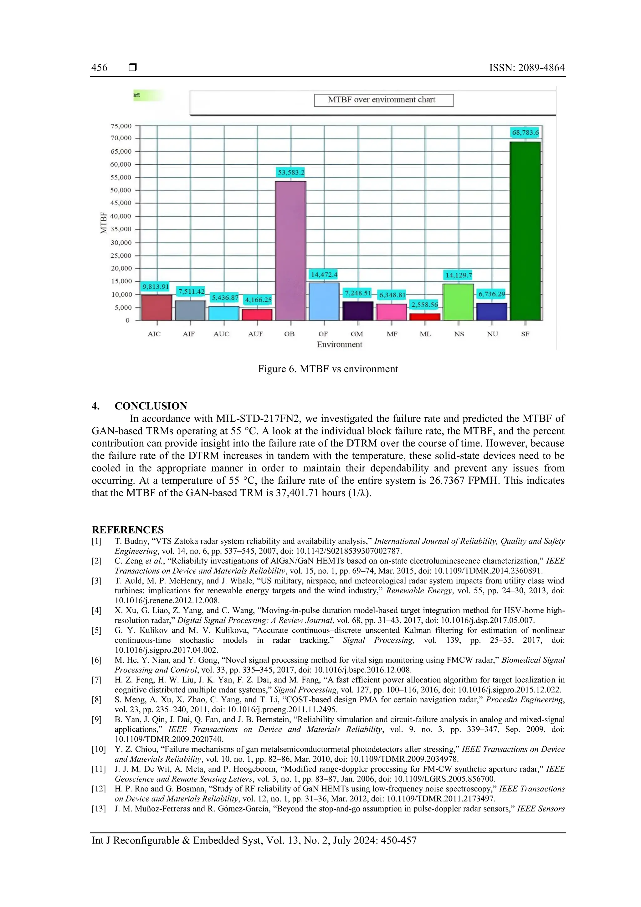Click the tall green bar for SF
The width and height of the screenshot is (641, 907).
pyautogui.click(x=525, y=231)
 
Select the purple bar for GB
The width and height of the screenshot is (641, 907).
pyautogui.click(x=291, y=251)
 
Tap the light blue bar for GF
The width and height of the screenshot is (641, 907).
pyautogui.click(x=324, y=301)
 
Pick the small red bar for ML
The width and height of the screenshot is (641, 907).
pyautogui.click(x=425, y=317)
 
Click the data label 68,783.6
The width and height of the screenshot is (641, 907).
pyautogui.click(x=525, y=133)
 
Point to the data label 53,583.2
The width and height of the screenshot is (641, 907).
pyautogui.click(x=291, y=173)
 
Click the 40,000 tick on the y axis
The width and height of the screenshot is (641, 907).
pyautogui.click(x=121, y=216)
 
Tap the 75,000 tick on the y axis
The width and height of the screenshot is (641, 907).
pyautogui.click(x=121, y=126)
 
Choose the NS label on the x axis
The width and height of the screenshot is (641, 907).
pyautogui.click(x=459, y=334)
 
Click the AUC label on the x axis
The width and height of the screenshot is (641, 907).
pyautogui.click(x=221, y=334)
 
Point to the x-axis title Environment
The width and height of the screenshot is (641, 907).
pyautogui.click(x=339, y=344)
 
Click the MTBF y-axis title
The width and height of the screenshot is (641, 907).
pyautogui.click(x=104, y=223)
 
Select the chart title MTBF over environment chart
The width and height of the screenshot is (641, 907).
pyautogui.click(x=382, y=100)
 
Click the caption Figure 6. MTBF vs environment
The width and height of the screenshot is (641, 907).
pyautogui.click(x=328, y=369)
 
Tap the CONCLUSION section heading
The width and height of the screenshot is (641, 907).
pyautogui.click(x=151, y=406)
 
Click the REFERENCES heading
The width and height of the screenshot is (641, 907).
pyautogui.click(x=128, y=530)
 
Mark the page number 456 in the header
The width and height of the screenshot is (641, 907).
pyautogui.click(x=99, y=68)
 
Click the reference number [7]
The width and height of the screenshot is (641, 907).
pyautogui.click(x=97, y=680)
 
